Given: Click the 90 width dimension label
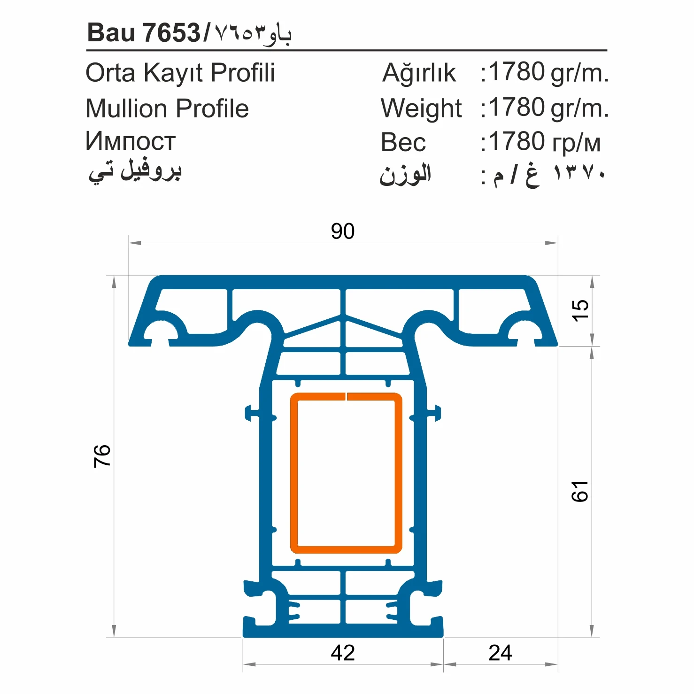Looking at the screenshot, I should (342, 231).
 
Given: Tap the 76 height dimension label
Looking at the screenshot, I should (102, 455).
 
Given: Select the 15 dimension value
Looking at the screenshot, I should (580, 310).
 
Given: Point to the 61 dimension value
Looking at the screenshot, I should (580, 491).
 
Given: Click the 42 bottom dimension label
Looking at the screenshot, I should (342, 653).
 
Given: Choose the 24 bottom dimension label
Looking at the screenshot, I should (500, 653).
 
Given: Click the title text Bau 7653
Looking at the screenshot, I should (144, 33).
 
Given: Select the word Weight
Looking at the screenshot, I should (421, 108).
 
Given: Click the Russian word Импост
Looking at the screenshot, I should (131, 141).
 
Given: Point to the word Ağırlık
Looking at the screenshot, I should (419, 73).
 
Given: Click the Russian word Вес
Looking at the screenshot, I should (403, 142).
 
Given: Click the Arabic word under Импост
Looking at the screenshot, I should (135, 171).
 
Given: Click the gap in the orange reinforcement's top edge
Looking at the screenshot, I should (346, 396).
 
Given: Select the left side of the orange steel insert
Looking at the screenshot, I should (294, 472).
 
